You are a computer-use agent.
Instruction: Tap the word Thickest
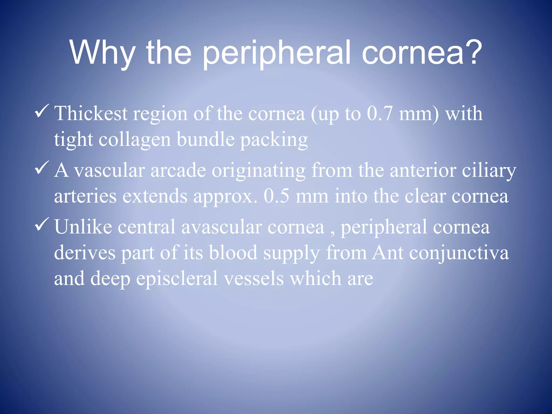91,113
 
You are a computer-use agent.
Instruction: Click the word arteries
85,196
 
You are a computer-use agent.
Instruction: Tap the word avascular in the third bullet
221,227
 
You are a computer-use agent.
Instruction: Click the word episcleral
177,279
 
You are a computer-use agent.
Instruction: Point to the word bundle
206,140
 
